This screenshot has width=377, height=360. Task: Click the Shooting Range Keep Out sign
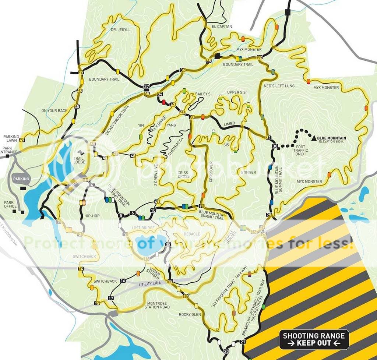point(314,339)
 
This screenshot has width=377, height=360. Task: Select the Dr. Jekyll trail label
point(121,29)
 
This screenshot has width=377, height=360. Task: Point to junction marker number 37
point(147,87)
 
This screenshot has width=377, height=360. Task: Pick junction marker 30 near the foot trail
point(275,146)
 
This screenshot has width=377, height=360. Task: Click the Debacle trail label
point(191,234)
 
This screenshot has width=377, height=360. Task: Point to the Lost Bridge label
point(143,229)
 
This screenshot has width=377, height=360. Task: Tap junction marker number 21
point(242,342)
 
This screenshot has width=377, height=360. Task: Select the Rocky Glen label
point(190,314)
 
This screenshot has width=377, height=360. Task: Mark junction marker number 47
point(22,140)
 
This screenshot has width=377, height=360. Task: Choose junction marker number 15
point(97,303)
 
